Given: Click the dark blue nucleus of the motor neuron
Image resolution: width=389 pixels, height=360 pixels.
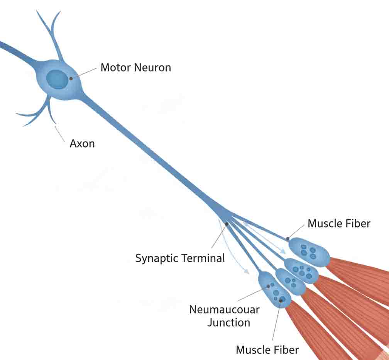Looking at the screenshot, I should click(56, 79).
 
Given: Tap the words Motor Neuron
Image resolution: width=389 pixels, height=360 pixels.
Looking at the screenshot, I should click(135, 68).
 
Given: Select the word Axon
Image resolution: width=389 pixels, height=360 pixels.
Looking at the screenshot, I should click(82, 144).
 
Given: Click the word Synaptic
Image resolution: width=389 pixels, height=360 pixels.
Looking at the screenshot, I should click(157, 258).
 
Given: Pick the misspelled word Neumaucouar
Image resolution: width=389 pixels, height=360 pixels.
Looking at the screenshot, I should click(224, 309).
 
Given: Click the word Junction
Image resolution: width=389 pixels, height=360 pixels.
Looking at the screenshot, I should click(228, 322).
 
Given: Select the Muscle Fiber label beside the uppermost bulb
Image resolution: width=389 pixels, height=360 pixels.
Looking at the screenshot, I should click(339, 223).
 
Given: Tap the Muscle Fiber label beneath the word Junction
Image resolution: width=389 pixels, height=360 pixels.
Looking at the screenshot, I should click(267, 350).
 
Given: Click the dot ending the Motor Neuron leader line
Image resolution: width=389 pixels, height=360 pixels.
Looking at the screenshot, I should click(71, 78).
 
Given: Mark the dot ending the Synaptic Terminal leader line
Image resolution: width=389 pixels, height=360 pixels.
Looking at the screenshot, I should click(227, 224).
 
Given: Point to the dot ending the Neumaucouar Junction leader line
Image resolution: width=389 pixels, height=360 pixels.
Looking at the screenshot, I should click(268, 287).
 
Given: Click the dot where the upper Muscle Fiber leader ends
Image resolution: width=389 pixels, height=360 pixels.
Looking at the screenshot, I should click(288, 239).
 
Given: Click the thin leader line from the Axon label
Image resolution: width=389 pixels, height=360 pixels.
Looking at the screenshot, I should click(60, 133).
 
